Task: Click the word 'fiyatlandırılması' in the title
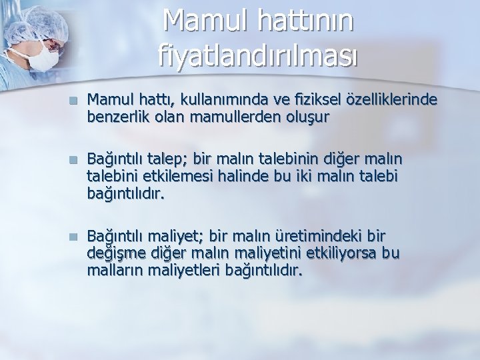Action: [259, 55]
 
